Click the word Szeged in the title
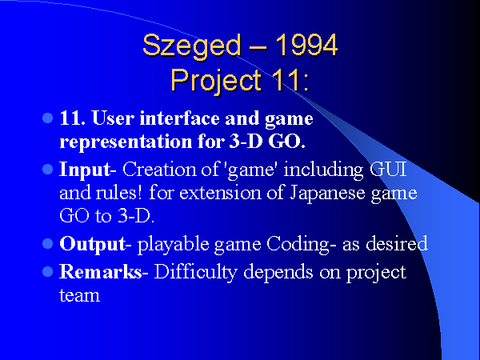192,46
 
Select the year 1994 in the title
306,45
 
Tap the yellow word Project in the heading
217,81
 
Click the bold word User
113,118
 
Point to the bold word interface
180,118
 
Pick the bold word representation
126,142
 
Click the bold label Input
85,169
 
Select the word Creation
159,169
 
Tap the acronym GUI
388,169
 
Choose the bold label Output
93,244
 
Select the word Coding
298,244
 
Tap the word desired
397,243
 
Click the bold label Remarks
101,271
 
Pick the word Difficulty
196,272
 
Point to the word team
79,295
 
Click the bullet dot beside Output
47,244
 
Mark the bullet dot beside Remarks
47,271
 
